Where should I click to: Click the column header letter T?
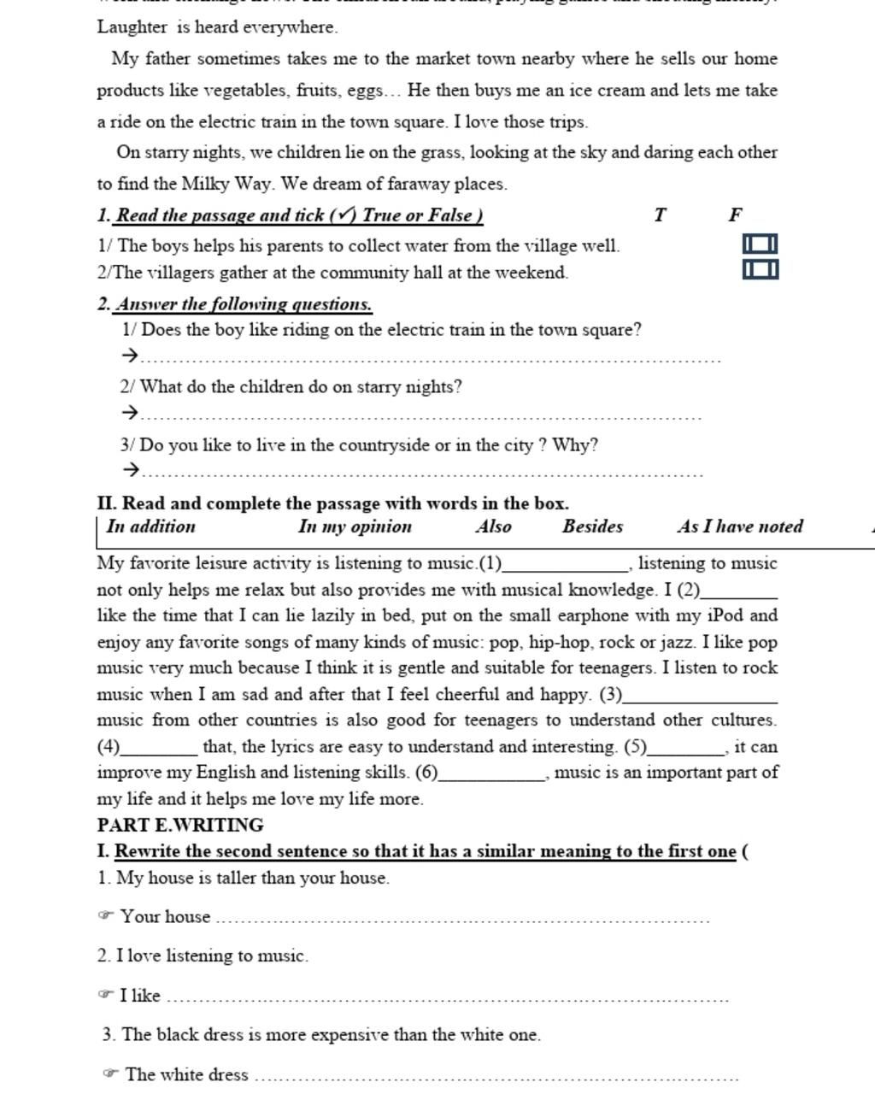coord(660,215)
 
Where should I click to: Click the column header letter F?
coord(735,215)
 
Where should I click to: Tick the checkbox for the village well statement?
coord(760,244)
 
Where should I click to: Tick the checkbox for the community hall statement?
coord(760,270)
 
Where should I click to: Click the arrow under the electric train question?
coord(130,355)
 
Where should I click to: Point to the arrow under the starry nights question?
coord(130,413)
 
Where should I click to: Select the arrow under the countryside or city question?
coord(130,469)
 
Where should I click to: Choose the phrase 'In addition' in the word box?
coord(151,526)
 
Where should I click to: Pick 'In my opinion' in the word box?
coord(355,526)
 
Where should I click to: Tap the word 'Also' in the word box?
coord(494,526)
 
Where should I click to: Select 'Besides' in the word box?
coord(592,526)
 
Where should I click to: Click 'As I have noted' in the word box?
coord(740,526)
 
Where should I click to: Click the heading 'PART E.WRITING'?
coord(180,825)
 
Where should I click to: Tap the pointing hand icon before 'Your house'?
coord(106,915)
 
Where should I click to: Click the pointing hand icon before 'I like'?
coord(106,994)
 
